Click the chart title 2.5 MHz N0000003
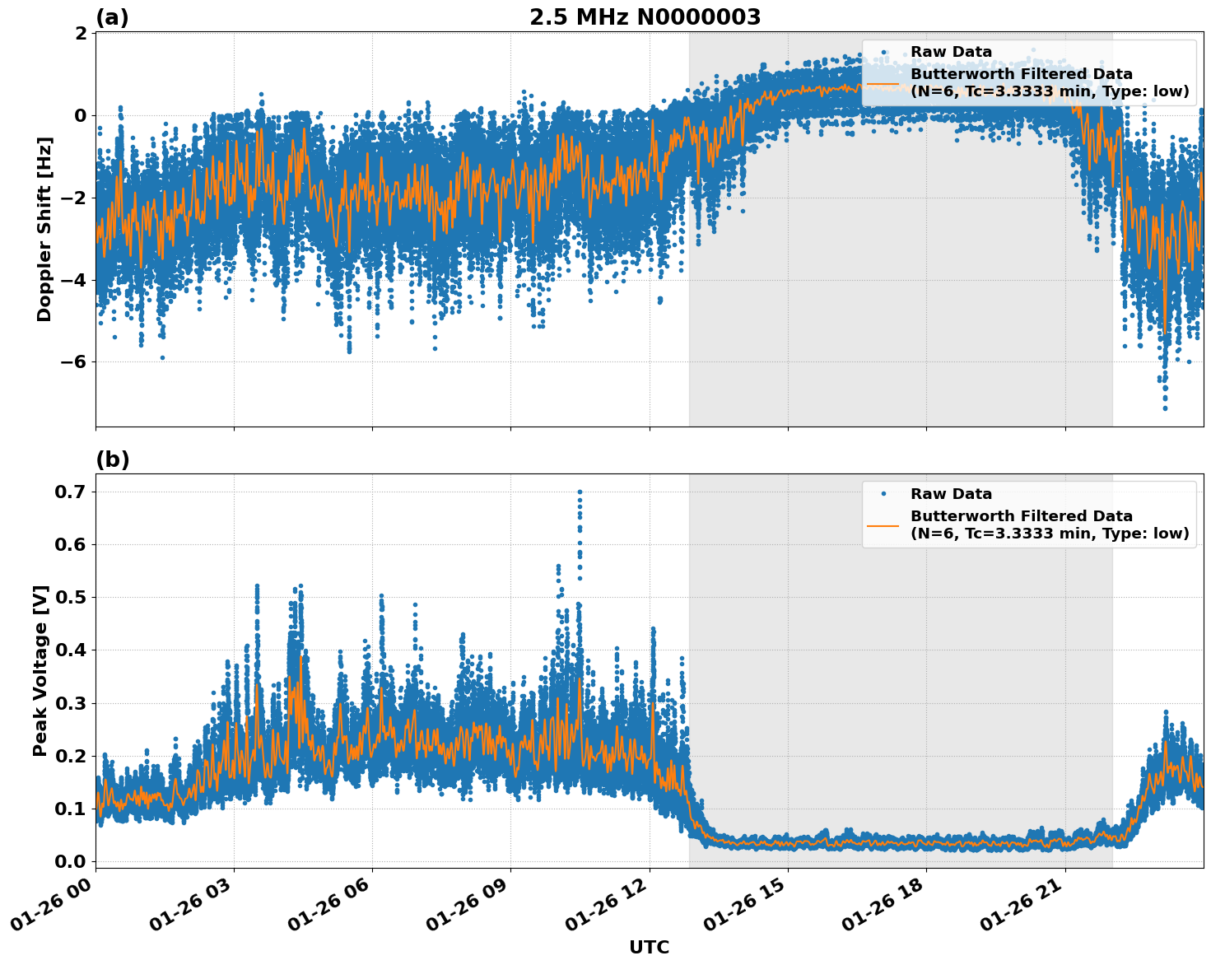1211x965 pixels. pyautogui.click(x=645, y=17)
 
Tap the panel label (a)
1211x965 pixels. pyautogui.click(x=112, y=17)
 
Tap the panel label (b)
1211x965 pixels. pyautogui.click(x=112, y=459)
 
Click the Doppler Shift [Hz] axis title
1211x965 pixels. pyautogui.click(x=44, y=229)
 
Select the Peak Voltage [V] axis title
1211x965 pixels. pyautogui.click(x=40, y=670)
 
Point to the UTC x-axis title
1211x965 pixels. pyautogui.click(x=649, y=947)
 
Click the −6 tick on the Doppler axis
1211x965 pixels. pyautogui.click(x=75, y=362)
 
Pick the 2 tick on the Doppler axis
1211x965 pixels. pyautogui.click(x=81, y=33)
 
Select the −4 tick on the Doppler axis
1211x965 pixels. pyautogui.click(x=75, y=280)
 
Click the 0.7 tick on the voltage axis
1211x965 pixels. pyautogui.click(x=70, y=492)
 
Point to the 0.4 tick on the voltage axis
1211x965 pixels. pyautogui.click(x=70, y=650)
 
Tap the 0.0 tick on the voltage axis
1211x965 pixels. pyautogui.click(x=70, y=861)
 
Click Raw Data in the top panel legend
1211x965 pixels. pyautogui.click(x=951, y=52)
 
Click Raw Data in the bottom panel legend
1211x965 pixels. pyautogui.click(x=951, y=494)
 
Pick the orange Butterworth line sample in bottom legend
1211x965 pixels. pyautogui.click(x=883, y=524)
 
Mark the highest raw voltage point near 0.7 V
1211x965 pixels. pyautogui.click(x=580, y=492)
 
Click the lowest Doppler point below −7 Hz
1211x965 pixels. pyautogui.click(x=1165, y=408)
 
